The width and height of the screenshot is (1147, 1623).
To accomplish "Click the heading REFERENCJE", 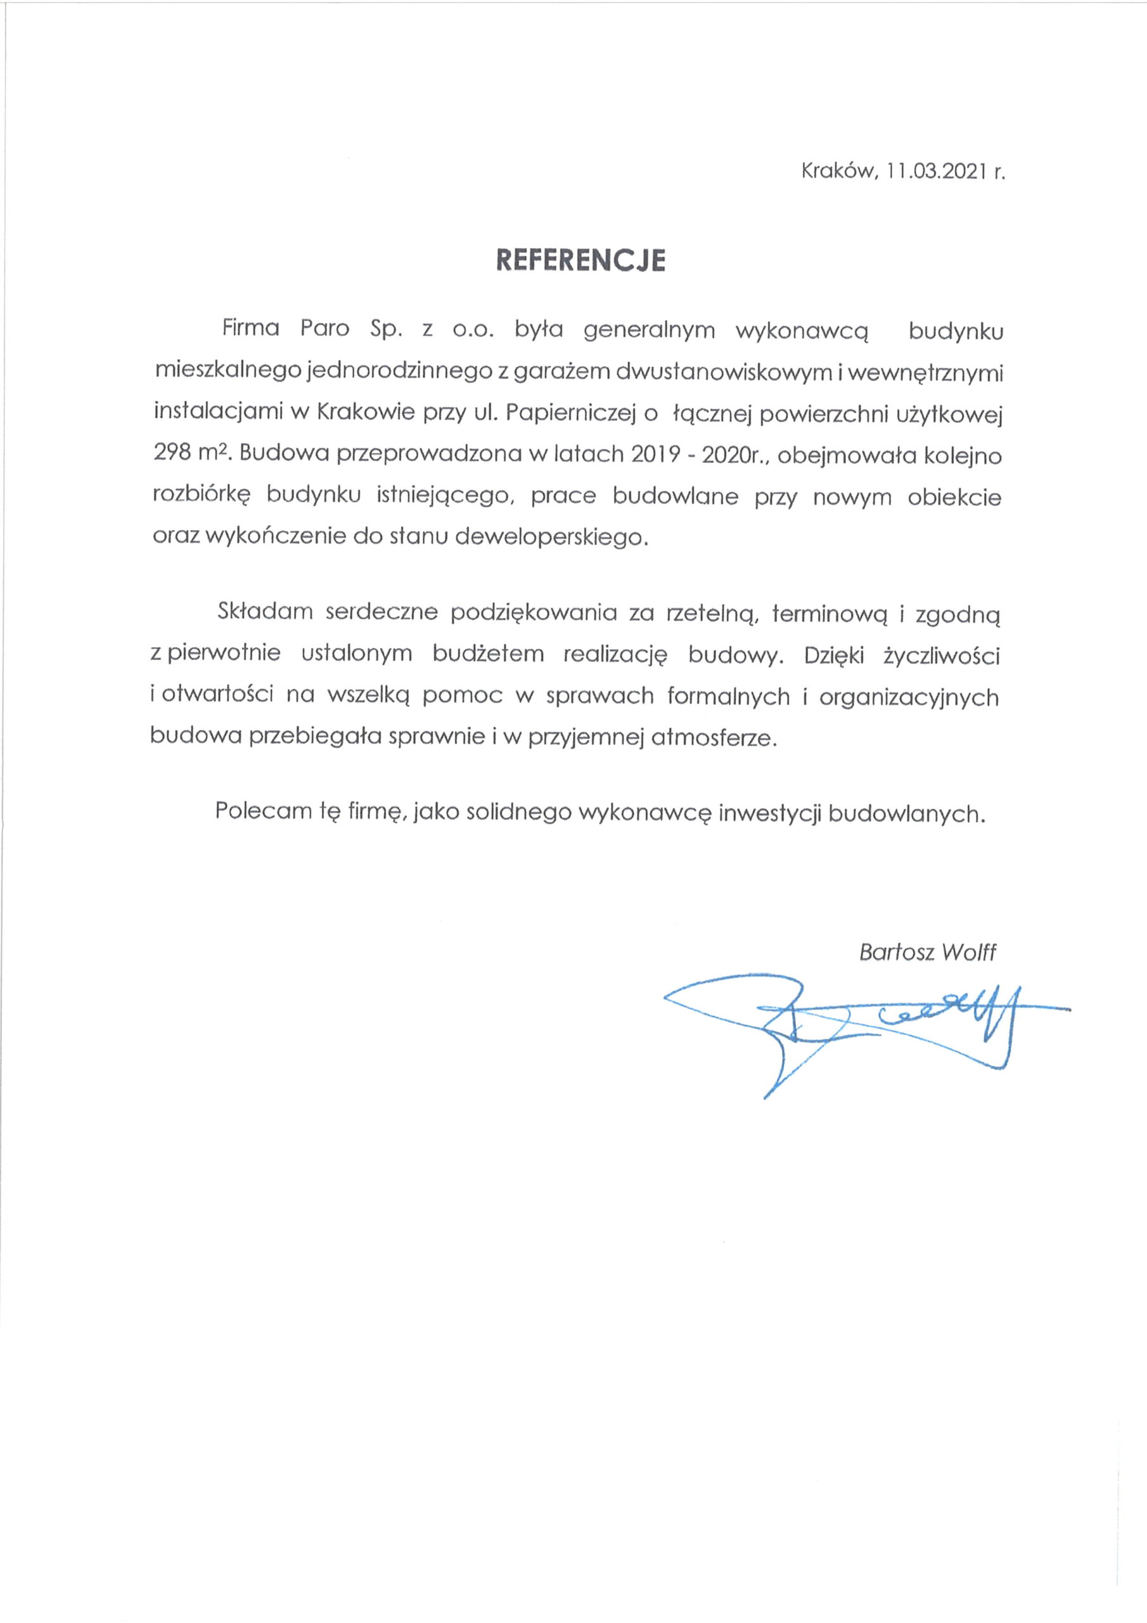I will pyautogui.click(x=580, y=260).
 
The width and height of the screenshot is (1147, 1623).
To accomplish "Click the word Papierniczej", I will pyautogui.click(x=565, y=413).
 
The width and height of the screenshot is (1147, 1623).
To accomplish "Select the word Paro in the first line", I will pyautogui.click(x=325, y=330).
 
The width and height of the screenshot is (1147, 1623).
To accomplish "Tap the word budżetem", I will pyautogui.click(x=489, y=654).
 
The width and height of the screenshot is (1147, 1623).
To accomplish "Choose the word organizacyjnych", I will pyautogui.click(x=909, y=697).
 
